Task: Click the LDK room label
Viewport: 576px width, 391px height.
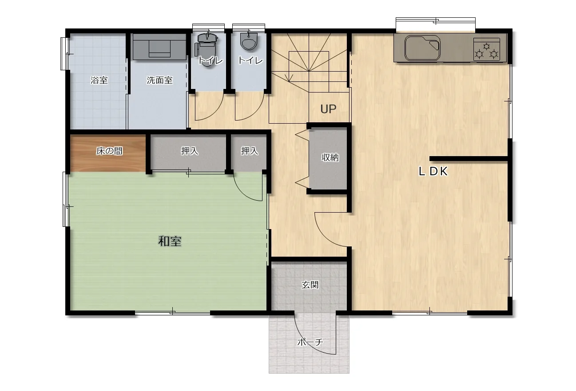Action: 433,171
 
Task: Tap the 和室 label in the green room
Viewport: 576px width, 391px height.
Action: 170,242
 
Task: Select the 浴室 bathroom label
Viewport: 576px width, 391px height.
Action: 99,80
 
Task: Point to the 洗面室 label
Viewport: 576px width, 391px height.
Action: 159,80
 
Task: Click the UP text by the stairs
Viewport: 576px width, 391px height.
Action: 328,109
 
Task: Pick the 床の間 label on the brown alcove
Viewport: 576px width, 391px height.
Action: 109,151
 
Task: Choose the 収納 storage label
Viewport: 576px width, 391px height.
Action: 330,157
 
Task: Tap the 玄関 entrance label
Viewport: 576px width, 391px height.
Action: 310,285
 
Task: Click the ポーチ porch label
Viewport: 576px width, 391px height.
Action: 310,342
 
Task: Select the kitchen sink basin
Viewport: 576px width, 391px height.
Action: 422,48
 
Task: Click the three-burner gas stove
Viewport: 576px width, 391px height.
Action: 487,49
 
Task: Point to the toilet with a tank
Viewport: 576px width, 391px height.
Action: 207,49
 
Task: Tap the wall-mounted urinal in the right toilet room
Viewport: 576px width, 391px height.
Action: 248,41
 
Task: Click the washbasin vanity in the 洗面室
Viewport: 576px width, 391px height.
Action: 159,47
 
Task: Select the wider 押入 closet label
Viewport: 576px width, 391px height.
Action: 190,151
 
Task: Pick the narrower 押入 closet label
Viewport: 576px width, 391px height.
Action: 250,151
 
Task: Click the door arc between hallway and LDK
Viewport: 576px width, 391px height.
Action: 325,237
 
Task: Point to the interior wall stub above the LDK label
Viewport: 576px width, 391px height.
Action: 468,159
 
